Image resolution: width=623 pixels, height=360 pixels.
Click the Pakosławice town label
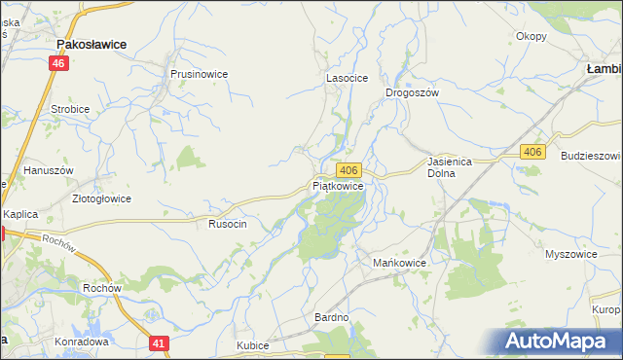click(x=98, y=44)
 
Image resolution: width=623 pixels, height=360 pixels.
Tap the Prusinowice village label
click(x=199, y=73)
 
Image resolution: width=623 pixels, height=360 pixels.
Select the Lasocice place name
click(x=345, y=80)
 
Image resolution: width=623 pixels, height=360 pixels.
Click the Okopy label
click(x=531, y=36)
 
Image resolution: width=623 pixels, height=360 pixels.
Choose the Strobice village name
click(x=70, y=109)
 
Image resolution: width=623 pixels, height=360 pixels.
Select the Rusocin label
click(x=228, y=224)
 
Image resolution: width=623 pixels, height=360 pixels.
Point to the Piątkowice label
click(x=339, y=185)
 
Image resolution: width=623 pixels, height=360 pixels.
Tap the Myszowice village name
click(x=570, y=253)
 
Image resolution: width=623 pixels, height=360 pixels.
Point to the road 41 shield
click(x=161, y=342)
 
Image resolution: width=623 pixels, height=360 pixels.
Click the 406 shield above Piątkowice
click(x=352, y=169)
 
